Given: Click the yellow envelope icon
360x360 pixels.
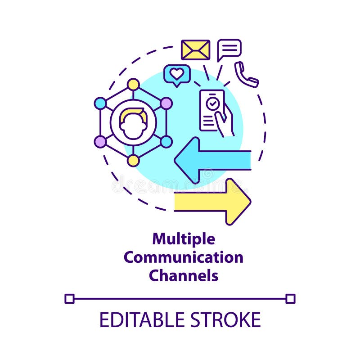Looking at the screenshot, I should (x=195, y=49).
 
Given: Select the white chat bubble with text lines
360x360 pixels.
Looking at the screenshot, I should (x=229, y=49).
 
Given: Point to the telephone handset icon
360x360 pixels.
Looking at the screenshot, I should (x=246, y=75).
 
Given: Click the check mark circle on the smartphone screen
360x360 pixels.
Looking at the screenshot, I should (x=212, y=103).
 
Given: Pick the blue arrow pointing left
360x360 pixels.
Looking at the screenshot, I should (x=211, y=160).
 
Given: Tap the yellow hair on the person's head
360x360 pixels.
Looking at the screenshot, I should (x=133, y=114).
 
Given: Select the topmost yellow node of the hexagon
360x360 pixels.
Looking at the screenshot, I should (x=133, y=84).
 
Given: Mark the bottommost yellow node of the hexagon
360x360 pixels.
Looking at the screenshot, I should (x=133, y=161).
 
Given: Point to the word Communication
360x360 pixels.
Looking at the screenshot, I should (x=184, y=257).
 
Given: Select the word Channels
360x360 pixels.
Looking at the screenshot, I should (x=184, y=275).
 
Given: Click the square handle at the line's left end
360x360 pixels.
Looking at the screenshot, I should (x=69, y=298).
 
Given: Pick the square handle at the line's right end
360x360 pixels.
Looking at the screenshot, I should (x=290, y=298).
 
